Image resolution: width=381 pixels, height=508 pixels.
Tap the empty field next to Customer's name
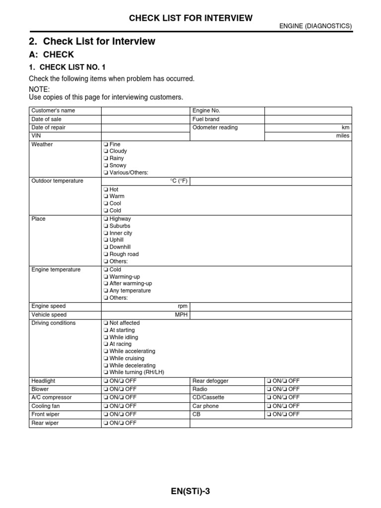(146, 111)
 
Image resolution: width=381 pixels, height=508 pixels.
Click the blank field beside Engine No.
(308, 111)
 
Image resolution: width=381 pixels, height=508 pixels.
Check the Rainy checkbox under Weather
(106, 158)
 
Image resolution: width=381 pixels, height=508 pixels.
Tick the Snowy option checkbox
(106, 165)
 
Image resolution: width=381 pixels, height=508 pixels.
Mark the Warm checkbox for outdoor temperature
(106, 196)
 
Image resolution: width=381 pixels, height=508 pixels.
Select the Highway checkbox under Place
(106, 219)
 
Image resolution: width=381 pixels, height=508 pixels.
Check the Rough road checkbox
(106, 254)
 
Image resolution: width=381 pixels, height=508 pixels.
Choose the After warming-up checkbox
(106, 284)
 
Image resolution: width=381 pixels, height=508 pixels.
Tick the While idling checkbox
(106, 337)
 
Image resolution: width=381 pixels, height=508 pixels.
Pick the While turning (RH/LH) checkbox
(106, 372)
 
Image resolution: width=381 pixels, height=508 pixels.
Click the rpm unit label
(183, 306)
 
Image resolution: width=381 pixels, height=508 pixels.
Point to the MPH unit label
(182, 315)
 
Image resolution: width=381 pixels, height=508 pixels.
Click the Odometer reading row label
(215, 127)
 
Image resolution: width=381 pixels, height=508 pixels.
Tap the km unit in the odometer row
(345, 127)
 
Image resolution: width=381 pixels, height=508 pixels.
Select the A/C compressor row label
(52, 397)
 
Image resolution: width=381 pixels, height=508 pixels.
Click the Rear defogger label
(210, 381)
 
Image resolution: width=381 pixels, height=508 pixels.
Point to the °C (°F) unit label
(179, 181)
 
